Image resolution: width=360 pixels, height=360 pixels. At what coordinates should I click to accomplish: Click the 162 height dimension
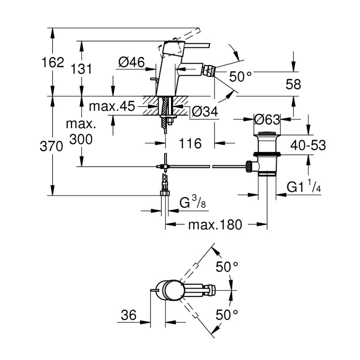[x=53, y=63]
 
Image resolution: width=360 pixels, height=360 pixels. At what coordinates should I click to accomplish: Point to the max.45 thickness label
[x=112, y=107]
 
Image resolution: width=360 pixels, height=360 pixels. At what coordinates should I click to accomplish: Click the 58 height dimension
[x=293, y=85]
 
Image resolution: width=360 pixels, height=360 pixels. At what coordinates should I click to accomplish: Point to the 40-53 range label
[x=308, y=145]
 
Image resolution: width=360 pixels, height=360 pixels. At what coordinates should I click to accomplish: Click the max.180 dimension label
[x=214, y=225]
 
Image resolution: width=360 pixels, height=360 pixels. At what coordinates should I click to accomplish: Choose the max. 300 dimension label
[x=81, y=131]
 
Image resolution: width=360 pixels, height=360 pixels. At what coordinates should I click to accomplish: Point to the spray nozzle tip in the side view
[x=210, y=70]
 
